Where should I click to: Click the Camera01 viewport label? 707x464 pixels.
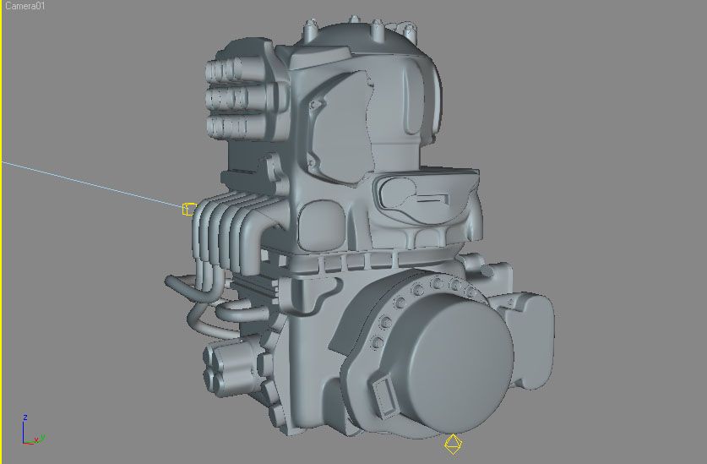(x=24, y=6)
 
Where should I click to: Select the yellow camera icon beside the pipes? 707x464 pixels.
(x=189, y=209)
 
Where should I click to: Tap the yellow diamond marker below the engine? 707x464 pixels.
(x=453, y=445)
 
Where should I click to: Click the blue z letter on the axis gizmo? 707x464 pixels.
(x=25, y=418)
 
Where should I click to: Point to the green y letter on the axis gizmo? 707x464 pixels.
(x=42, y=438)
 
